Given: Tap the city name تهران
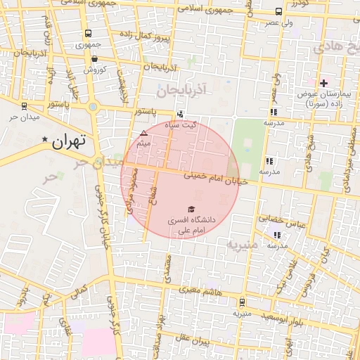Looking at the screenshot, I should (70, 140).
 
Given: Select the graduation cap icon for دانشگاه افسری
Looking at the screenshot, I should (190, 209).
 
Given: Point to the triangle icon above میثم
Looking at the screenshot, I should (144, 133).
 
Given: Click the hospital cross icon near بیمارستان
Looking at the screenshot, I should (323, 83).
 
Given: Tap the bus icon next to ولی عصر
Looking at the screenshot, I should (279, 12).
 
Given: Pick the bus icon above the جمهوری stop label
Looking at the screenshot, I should (88, 33).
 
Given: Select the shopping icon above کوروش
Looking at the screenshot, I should (95, 59).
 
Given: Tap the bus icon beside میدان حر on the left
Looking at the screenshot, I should (25, 106).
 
